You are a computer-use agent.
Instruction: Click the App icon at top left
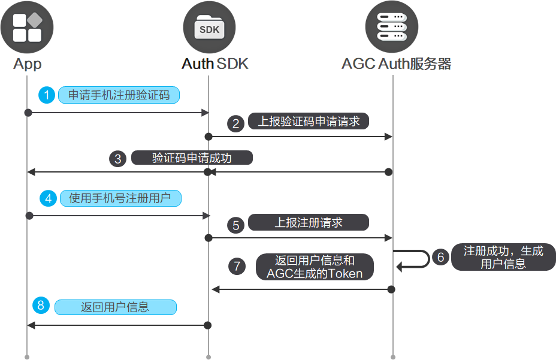tap(27, 28)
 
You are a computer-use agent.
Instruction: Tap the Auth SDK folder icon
tap(209, 28)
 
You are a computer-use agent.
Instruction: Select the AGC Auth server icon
tap(392, 28)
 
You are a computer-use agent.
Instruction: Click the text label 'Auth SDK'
tap(214, 63)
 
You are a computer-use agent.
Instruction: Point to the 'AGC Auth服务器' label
tap(396, 63)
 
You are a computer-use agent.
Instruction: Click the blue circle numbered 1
tap(47, 95)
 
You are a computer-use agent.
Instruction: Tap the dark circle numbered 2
tap(236, 123)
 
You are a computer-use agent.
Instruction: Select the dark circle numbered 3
tap(118, 159)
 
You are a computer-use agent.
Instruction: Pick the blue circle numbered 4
tap(48, 198)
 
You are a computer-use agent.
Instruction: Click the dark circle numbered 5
tap(236, 225)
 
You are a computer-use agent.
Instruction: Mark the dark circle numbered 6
tap(440, 258)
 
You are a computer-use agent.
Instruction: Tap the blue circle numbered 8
tap(41, 306)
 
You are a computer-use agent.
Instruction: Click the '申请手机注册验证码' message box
tap(119, 95)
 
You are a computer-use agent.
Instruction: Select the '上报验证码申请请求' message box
tap(309, 122)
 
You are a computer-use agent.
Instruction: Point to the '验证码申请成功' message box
tap(192, 158)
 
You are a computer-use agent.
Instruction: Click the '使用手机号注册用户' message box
tap(120, 198)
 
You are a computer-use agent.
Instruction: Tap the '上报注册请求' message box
tap(308, 223)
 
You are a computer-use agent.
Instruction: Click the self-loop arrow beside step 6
tap(419, 259)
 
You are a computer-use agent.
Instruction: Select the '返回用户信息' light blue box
tap(115, 307)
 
